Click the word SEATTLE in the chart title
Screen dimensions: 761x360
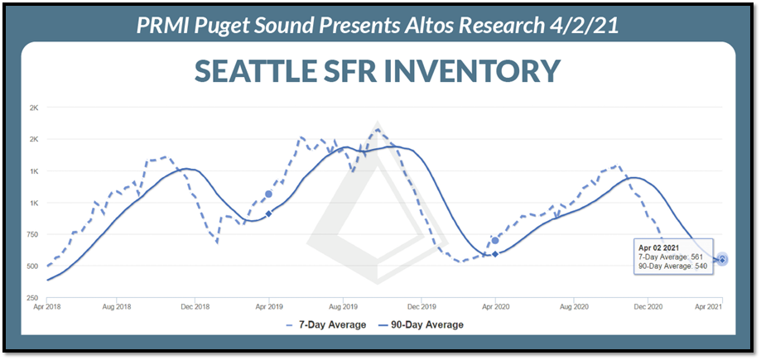[x=258, y=70]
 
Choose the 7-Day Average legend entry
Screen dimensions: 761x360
[x=325, y=324]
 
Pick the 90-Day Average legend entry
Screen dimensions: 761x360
[x=421, y=324]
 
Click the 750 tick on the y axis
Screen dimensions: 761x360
[x=31, y=234]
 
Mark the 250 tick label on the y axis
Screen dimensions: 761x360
[x=31, y=297]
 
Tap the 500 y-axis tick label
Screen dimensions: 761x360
[x=31, y=266]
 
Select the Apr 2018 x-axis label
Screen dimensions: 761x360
[x=46, y=307]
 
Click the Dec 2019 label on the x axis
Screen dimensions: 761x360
[x=421, y=307]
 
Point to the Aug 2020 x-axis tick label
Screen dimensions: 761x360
[x=574, y=307]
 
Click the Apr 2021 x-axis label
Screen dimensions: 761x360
[x=723, y=307]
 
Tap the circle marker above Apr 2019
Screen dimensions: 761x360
[x=268, y=194]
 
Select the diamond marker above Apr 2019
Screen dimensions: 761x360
[x=268, y=214]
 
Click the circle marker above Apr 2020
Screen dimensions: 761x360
[x=495, y=240]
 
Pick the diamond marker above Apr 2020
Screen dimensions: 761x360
[x=495, y=254]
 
